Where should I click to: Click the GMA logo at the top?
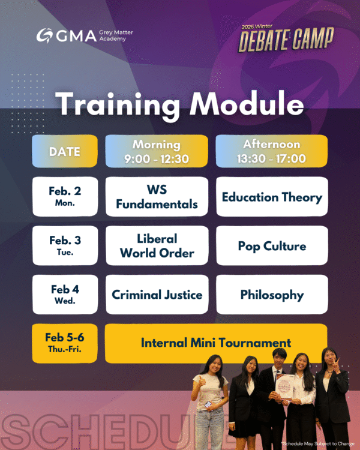point(66,35)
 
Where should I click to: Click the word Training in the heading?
point(118,105)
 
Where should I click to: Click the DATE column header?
point(65,152)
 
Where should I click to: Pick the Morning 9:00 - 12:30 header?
point(157,152)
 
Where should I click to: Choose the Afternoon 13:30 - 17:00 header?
point(272,152)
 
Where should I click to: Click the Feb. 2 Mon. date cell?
point(65,196)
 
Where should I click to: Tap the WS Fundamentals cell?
point(157,196)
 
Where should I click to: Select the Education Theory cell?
point(272,197)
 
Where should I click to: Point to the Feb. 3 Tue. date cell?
point(65,245)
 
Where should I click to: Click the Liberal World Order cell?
point(157,245)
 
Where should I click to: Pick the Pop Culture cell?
point(272,246)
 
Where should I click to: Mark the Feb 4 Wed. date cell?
point(65,295)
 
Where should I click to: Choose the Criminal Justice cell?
point(157,295)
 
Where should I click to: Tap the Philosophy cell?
point(272,295)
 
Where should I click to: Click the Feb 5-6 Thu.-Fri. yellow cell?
point(65,343)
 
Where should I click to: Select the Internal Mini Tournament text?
point(216,343)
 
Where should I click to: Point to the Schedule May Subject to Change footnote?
point(319,443)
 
